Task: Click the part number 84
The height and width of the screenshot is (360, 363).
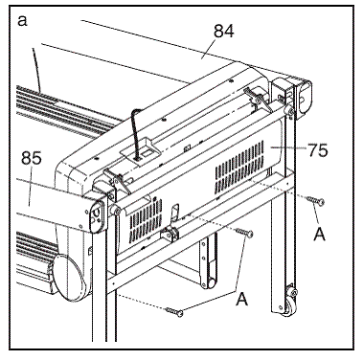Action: [x=224, y=32]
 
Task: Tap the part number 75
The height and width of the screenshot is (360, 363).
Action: [x=318, y=149]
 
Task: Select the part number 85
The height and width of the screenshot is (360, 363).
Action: [x=32, y=158]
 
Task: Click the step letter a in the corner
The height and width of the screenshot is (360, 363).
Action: [x=22, y=21]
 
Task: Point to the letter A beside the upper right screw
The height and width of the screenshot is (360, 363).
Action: [x=320, y=235]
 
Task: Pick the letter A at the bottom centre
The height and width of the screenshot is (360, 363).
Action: [x=241, y=300]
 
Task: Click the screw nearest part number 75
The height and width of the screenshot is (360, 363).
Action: [x=315, y=201]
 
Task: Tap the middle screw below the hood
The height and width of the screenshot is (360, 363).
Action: [x=244, y=233]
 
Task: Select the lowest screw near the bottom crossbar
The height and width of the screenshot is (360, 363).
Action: [x=174, y=312]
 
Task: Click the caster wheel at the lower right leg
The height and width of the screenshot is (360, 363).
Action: [x=290, y=302]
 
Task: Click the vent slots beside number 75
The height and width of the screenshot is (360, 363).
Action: [x=239, y=167]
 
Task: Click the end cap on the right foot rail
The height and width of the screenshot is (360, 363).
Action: [x=305, y=97]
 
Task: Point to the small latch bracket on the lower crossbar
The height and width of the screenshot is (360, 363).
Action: [x=170, y=234]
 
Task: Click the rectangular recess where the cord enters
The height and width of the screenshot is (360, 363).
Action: [x=144, y=149]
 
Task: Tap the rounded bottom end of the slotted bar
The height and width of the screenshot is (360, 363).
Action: [x=209, y=282]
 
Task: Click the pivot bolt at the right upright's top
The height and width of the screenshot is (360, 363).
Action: [x=290, y=111]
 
